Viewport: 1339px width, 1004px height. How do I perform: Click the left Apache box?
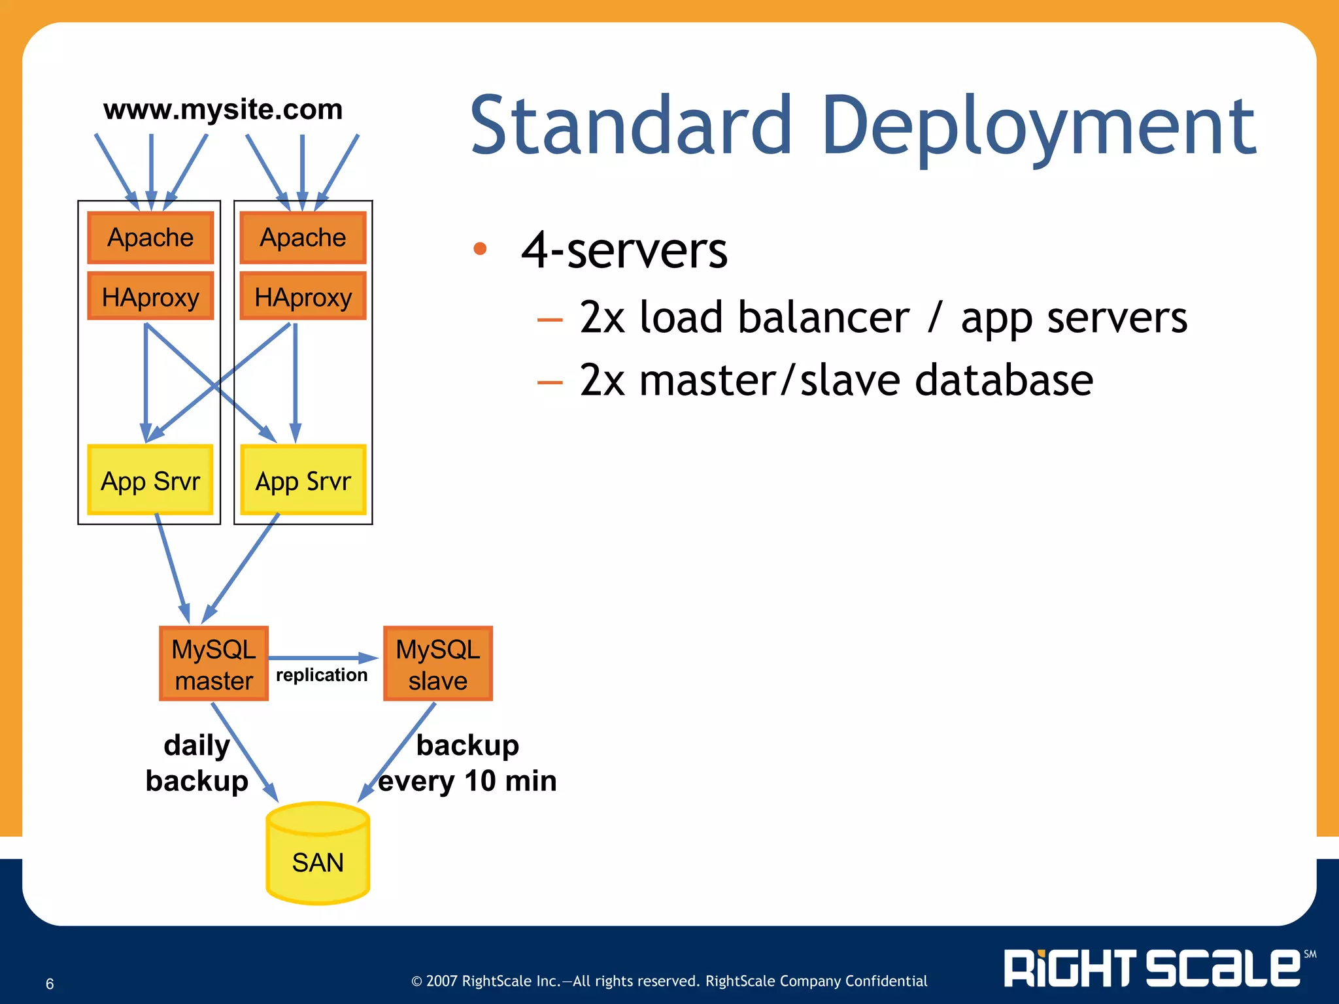pos(150,238)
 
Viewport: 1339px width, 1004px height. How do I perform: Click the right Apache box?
pos(303,238)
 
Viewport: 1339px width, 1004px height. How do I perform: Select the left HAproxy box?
pos(150,297)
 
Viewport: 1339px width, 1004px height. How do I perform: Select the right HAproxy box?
pos(303,297)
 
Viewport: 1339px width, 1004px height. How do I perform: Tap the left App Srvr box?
pos(150,480)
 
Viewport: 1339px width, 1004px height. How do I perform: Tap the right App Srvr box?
pos(303,480)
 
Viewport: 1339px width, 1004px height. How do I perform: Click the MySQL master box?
pos(214,664)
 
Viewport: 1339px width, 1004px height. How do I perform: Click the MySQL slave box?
pos(437,664)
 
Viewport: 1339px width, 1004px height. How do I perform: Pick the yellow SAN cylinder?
pos(318,856)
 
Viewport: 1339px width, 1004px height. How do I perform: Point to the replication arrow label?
pos(322,675)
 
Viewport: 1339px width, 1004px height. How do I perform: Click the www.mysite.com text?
pos(223,109)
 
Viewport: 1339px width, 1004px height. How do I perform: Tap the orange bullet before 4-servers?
pos(480,248)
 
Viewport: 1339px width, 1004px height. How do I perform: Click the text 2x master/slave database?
pos(836,380)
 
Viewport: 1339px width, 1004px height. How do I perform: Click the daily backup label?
pos(197,763)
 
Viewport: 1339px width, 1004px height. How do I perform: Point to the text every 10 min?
pos(467,781)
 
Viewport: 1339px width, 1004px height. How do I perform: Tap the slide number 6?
pos(50,984)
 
